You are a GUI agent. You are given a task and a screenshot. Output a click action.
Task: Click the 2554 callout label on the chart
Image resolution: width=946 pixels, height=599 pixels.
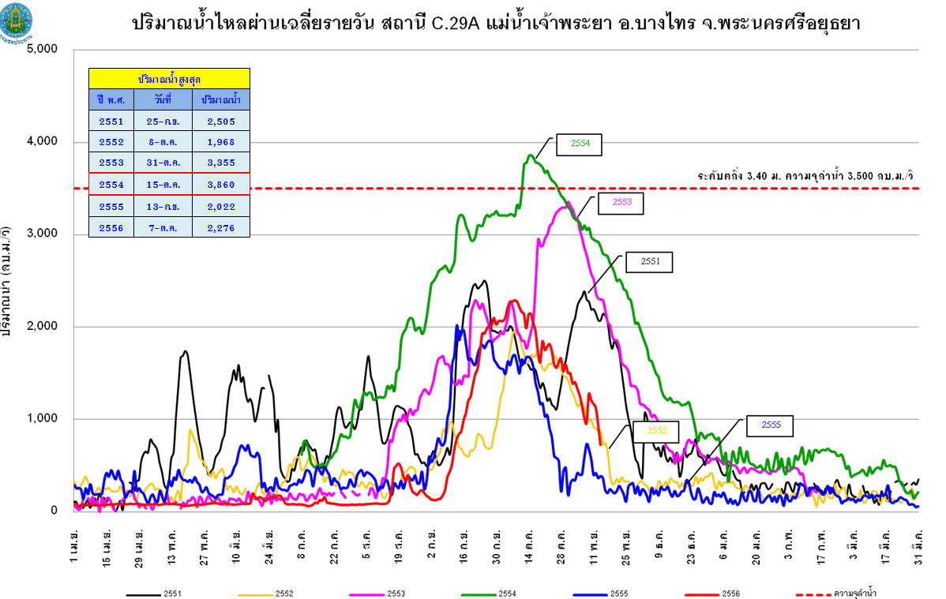(579, 144)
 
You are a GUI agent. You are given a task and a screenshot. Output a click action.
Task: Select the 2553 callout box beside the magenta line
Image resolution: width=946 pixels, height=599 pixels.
(620, 202)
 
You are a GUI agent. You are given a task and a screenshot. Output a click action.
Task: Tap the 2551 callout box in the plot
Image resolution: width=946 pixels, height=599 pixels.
(649, 261)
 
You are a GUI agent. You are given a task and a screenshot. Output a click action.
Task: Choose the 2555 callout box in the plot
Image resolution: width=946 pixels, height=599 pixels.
(770, 425)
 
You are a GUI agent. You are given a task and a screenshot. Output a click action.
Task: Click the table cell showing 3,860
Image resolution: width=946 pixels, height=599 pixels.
(220, 184)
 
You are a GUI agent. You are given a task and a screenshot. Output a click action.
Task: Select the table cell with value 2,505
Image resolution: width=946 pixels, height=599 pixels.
(220, 121)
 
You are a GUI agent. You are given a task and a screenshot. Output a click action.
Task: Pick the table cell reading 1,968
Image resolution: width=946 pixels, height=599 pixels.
(220, 142)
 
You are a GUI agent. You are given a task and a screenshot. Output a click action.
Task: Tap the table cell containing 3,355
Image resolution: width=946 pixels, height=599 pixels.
(220, 163)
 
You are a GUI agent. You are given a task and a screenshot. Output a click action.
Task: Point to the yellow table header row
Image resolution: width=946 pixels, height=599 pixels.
(169, 78)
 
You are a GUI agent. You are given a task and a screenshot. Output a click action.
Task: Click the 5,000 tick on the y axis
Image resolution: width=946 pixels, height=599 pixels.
(43, 50)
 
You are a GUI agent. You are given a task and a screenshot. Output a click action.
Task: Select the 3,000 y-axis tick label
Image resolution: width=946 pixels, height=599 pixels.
(43, 234)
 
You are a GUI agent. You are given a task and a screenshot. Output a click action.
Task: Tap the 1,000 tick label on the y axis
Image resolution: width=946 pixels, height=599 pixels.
(43, 419)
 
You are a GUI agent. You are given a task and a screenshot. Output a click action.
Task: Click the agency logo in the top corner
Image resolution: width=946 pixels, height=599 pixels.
(17, 25)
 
